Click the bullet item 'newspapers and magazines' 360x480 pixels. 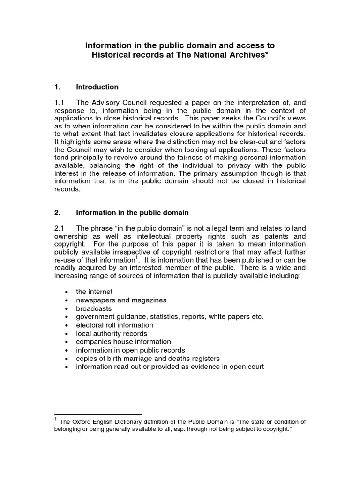tap(121, 300)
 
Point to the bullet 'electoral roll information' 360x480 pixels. tap(114, 325)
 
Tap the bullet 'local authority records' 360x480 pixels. tap(112, 333)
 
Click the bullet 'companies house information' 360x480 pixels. tap(123, 342)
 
